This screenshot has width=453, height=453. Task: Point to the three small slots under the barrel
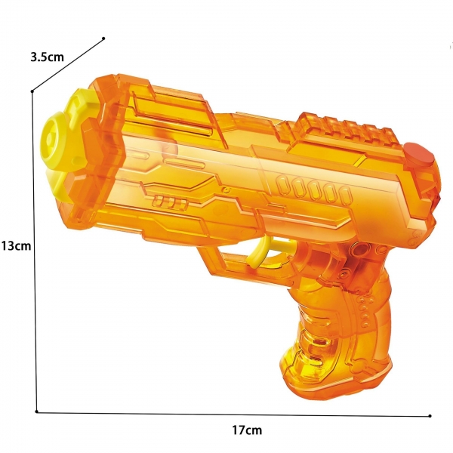(171, 202)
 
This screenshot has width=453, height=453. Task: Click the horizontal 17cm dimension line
(226, 413)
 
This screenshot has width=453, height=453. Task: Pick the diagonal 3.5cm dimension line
(68, 65)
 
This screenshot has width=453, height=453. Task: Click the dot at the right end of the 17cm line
(430, 415)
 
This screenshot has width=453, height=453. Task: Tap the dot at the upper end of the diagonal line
(103, 39)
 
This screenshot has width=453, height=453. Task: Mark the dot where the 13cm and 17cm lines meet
(36, 411)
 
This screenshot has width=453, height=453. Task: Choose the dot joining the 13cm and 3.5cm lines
(32, 91)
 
